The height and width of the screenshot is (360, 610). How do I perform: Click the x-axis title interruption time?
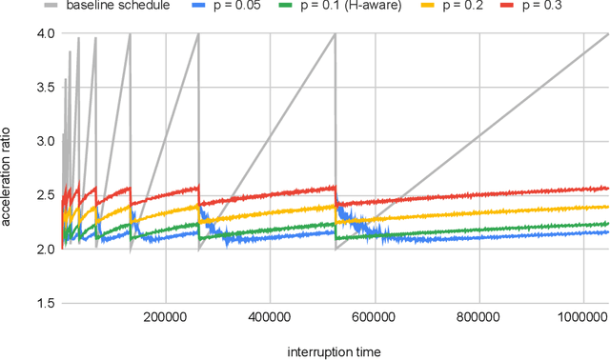click(x=335, y=351)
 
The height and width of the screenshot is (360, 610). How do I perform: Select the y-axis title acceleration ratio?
click(x=9, y=169)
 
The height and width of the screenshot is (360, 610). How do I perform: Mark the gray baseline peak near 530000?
click(x=335, y=35)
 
